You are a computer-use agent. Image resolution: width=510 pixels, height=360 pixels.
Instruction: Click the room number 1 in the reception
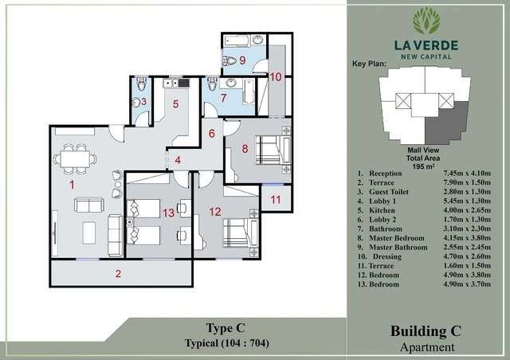72,185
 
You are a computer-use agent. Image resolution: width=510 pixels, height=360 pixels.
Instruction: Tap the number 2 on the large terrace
118,273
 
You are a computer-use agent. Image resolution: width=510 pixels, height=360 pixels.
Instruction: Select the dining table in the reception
75,159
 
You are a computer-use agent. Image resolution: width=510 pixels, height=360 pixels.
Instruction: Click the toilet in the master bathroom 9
229,61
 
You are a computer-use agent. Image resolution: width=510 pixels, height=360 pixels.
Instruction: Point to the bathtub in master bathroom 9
237,41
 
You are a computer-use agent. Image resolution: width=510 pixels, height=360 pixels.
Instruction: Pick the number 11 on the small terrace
276,199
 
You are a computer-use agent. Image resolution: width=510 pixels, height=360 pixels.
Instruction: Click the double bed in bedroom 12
241,233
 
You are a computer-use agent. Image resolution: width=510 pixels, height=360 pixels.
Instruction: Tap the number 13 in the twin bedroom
168,213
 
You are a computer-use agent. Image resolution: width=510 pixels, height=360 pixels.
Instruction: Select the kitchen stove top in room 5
183,84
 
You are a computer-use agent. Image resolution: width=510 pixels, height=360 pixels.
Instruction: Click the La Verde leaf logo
426,21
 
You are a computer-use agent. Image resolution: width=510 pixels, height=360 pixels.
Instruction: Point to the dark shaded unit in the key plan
446,123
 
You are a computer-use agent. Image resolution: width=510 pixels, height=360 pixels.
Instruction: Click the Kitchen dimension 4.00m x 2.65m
467,210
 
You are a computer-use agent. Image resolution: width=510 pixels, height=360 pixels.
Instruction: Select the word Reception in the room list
386,174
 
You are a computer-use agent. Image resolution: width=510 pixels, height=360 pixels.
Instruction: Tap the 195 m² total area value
423,166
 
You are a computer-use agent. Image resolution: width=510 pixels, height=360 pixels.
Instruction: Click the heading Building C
426,331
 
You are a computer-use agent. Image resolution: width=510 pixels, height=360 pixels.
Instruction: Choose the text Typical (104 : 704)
226,342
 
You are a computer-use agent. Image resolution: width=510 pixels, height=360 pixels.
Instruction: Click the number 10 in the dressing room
276,77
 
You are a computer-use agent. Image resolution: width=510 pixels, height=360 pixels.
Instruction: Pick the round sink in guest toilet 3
135,103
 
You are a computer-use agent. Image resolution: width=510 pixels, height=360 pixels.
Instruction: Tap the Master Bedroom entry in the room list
397,238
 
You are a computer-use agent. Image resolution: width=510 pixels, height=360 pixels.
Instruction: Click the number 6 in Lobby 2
212,133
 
